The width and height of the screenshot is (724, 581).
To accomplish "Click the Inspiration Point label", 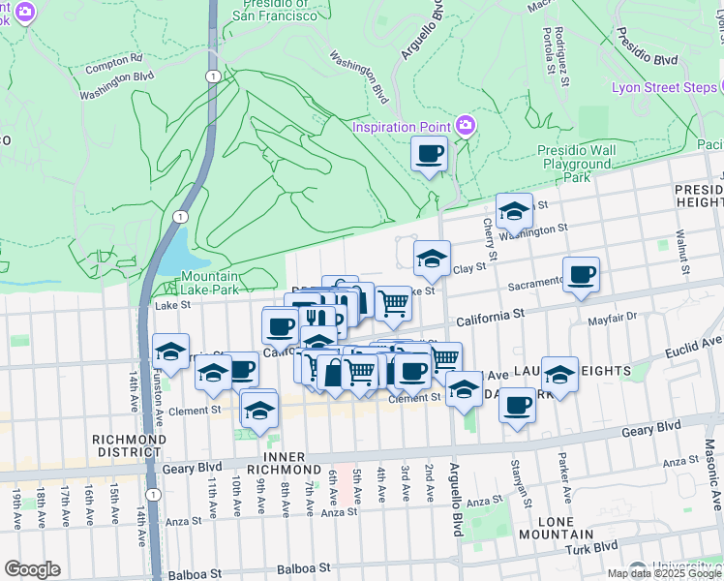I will [402, 127].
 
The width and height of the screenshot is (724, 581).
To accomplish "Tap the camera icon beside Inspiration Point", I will [466, 125].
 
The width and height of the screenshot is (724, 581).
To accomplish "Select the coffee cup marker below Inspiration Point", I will [430, 153].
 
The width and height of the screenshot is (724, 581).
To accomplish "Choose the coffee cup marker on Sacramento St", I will [581, 275].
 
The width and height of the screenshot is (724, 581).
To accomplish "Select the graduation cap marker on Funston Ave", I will [171, 352].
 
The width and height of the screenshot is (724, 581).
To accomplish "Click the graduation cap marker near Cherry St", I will [515, 210].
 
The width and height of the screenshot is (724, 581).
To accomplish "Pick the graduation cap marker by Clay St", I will [432, 258].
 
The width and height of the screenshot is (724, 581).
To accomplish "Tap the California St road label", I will [490, 315].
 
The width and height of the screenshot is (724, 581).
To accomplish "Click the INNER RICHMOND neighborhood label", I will [296, 464].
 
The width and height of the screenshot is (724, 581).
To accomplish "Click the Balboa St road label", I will [304, 568].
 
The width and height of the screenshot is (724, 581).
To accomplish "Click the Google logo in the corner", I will [32, 569].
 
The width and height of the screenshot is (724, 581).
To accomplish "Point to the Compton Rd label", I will [113, 59].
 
